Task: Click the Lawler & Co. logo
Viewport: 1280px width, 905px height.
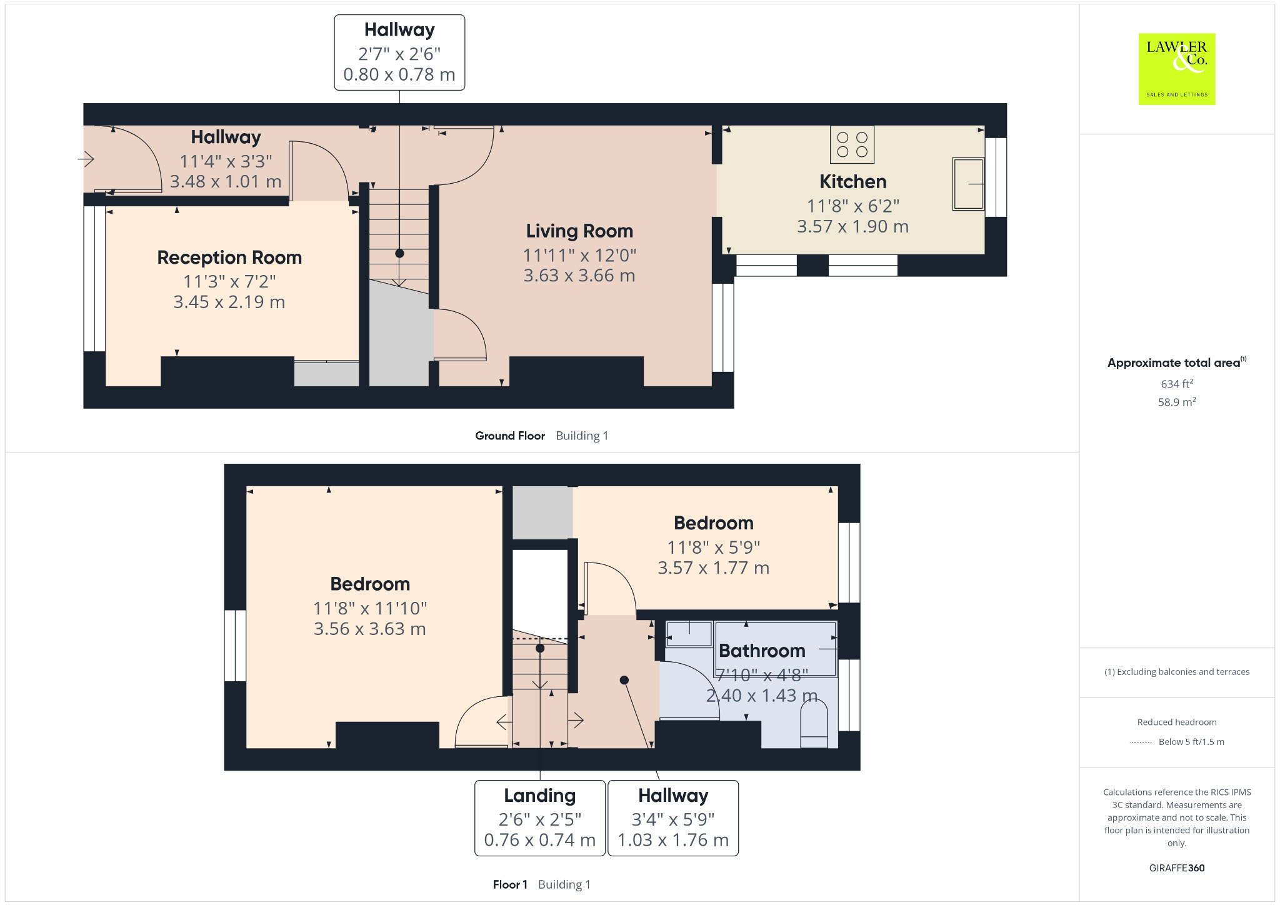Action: (1176, 69)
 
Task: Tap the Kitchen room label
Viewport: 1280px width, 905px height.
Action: (852, 182)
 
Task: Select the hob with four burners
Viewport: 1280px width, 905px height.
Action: (852, 144)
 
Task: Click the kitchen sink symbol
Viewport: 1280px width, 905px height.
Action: (967, 184)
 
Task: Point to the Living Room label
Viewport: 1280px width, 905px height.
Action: (579, 231)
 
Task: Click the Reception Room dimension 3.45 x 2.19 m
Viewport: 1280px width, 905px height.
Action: (229, 302)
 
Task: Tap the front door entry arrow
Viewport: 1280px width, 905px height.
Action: (86, 159)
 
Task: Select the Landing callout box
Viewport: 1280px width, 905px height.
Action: (539, 817)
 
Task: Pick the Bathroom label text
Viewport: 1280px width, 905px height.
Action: (762, 651)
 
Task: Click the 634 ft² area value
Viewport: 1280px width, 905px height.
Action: (1176, 384)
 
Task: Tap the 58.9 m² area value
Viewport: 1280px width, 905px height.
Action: (1176, 402)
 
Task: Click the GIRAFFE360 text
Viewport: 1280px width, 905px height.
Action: (1176, 867)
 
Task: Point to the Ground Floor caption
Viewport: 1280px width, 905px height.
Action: (510, 436)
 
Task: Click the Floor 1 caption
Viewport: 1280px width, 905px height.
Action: (510, 884)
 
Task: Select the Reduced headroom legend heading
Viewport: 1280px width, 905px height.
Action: (1176, 722)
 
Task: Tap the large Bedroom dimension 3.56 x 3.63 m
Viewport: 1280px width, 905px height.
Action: (369, 629)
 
